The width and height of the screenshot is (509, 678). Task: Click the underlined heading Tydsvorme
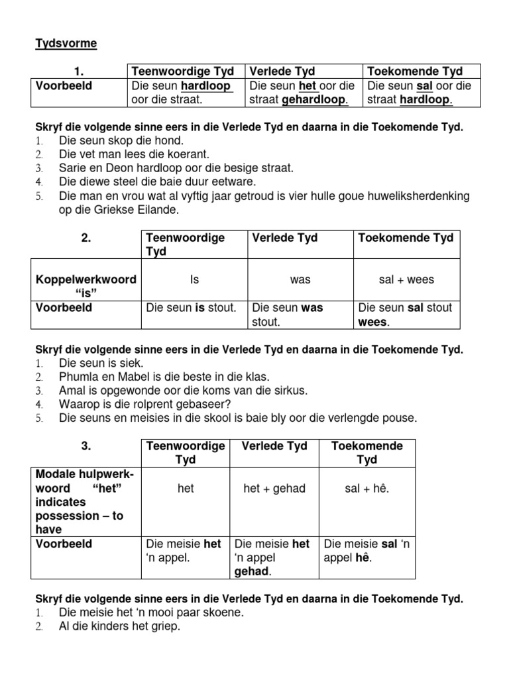coord(66,44)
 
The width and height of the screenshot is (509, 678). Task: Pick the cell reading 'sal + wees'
coord(406,279)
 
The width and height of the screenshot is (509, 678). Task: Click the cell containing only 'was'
coord(300,279)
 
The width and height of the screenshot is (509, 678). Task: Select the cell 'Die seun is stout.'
coord(191,308)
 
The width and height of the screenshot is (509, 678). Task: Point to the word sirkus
coord(289,391)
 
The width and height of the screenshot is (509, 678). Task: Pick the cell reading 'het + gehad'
coord(274,488)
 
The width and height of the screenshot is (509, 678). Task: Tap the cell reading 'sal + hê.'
coord(367,488)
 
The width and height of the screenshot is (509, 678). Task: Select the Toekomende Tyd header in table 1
coord(415,72)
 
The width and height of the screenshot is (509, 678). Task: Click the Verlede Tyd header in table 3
coord(274,446)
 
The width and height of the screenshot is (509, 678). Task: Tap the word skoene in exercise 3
coord(221,613)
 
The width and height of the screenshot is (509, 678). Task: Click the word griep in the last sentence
coord(165,626)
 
